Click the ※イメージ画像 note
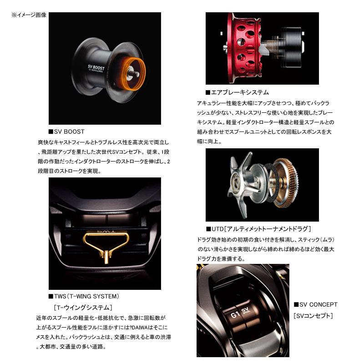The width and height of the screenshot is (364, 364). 29,15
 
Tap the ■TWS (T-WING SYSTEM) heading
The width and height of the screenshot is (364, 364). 84,296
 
